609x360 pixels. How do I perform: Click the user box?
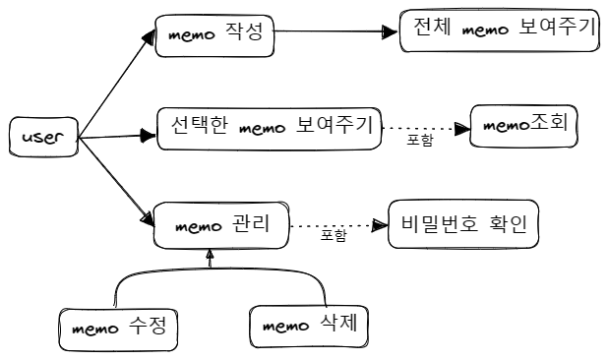tap(42, 139)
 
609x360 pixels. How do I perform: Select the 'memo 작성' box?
tap(213, 35)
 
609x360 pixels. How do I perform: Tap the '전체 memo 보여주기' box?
tap(501, 31)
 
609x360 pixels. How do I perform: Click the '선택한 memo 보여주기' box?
tap(269, 128)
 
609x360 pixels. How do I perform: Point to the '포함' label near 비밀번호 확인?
tap(334, 236)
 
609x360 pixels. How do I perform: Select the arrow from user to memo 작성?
tap(117, 86)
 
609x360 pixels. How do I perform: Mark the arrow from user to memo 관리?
tap(116, 178)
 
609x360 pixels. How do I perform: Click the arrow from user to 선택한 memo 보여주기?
tap(117, 136)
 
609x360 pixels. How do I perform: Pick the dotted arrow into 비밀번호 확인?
tap(339, 225)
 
